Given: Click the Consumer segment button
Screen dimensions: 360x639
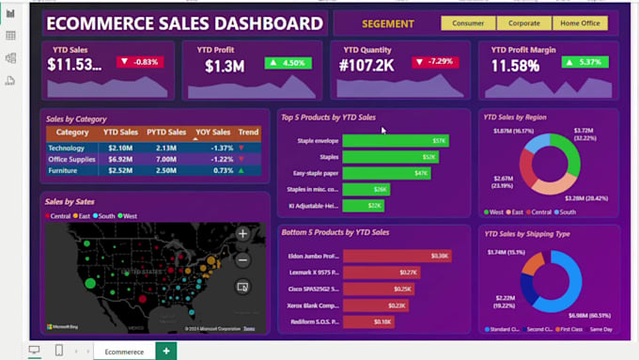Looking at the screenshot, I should [468, 23].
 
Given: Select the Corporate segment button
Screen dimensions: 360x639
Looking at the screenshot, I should [524, 23].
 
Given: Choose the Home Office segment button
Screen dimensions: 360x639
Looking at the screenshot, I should [580, 23].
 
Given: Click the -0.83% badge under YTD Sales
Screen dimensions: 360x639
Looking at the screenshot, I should [140, 63].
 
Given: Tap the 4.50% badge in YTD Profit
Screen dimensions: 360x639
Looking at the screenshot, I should [288, 63].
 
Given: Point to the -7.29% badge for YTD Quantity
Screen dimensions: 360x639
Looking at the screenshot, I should [433, 63].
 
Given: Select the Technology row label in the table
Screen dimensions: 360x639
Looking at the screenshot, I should [67, 148].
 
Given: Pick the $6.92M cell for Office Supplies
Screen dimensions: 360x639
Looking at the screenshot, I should [120, 159].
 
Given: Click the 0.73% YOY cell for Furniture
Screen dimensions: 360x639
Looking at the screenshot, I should [222, 170].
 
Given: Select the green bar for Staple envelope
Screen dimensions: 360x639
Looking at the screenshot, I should [395, 141].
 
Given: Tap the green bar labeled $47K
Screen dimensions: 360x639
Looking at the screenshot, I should [386, 173].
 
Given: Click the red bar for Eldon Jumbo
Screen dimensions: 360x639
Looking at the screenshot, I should [397, 256].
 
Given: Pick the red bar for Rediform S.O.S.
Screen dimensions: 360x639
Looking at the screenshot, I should [368, 321].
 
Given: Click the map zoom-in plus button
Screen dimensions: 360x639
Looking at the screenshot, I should [242, 234].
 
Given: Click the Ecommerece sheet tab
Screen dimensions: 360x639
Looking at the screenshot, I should [124, 352].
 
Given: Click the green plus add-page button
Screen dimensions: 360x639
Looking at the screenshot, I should [166, 352].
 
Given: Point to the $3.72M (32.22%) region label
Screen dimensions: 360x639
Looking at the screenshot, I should [584, 134].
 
